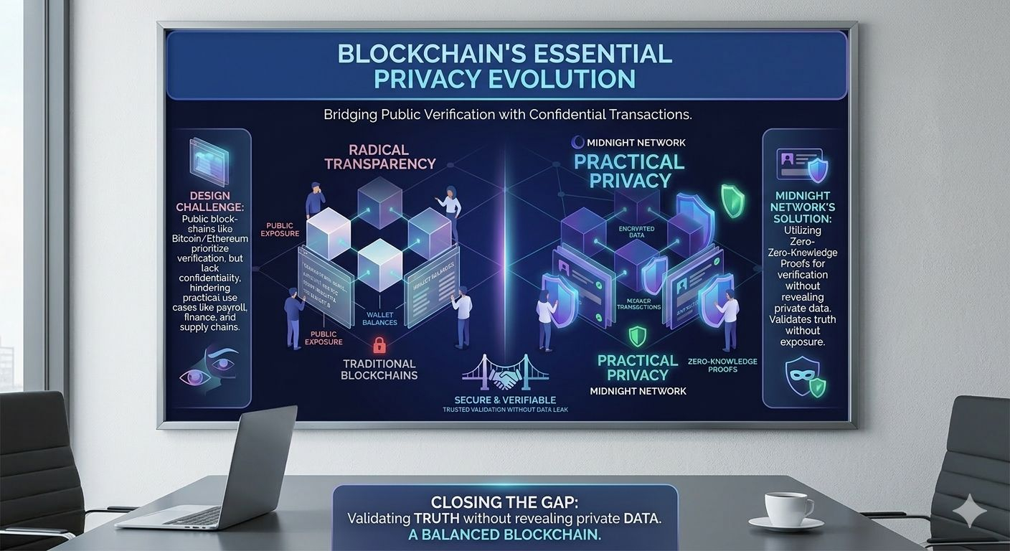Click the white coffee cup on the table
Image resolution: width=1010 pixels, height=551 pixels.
tap(787, 509)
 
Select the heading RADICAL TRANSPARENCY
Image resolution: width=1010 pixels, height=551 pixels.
tap(379, 156)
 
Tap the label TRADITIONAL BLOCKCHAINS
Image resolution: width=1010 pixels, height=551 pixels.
tap(379, 369)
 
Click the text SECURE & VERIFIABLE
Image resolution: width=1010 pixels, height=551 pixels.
tap(505, 400)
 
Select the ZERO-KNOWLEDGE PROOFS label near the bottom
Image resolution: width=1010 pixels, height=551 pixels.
tap(722, 366)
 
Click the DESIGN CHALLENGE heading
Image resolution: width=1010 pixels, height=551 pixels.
tap(210, 202)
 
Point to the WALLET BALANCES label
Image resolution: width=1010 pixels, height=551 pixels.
tap(379, 318)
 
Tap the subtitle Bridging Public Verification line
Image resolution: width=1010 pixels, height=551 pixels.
tap(511, 114)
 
